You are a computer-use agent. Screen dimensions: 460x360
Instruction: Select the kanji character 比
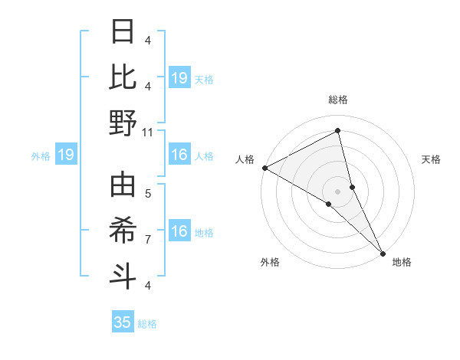pos(123,77)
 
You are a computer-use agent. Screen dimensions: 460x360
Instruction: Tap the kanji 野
pos(123,122)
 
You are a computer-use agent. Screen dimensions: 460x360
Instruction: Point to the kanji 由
pos(123,186)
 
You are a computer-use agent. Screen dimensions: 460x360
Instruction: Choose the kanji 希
pos(123,231)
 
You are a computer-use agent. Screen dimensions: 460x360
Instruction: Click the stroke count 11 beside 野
pos(148,132)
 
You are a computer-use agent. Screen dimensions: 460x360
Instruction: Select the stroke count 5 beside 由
pos(148,193)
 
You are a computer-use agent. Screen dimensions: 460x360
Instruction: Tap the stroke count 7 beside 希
pos(148,240)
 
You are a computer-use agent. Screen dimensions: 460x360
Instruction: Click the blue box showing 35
pos(123,322)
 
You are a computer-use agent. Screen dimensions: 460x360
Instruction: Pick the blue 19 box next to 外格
pos(66,155)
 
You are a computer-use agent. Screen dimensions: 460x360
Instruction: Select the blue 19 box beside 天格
pos(179,78)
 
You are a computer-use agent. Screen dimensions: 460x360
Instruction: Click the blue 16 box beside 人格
pos(179,155)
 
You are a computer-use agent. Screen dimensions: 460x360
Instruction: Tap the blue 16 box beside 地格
pos(179,232)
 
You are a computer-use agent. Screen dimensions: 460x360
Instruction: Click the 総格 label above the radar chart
pos(338,100)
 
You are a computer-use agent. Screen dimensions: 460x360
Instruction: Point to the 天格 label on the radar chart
pos(432,159)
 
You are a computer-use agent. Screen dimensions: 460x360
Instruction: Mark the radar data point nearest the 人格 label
pos(264,168)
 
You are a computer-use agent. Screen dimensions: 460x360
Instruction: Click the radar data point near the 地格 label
pos(383,253)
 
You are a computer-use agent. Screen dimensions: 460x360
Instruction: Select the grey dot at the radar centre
pos(338,191)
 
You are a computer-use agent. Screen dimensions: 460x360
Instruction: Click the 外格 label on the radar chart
pos(270,262)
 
